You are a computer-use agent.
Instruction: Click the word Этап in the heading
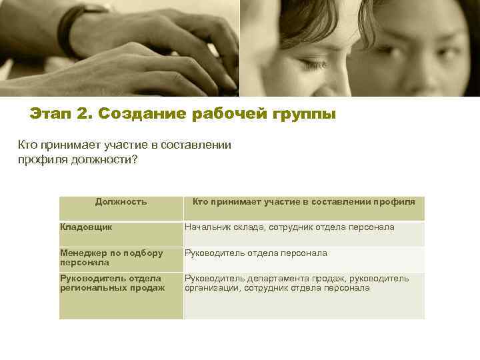tap(51, 114)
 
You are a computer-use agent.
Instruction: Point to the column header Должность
tap(121, 201)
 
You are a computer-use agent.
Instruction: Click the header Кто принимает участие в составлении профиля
tap(303, 201)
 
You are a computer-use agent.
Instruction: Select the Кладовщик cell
tap(86, 227)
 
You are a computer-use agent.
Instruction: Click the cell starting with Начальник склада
tap(289, 227)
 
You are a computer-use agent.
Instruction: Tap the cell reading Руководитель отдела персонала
tap(256, 253)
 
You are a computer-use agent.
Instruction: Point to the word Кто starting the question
tap(27, 145)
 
